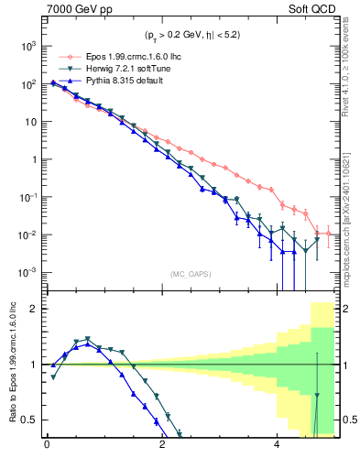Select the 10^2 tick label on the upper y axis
point(28,83)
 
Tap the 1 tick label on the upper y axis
point(35,159)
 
